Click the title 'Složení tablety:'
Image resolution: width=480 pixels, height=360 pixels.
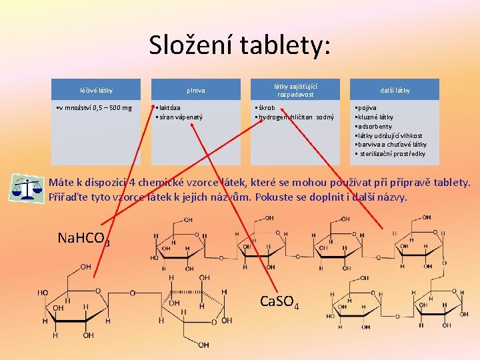pos(239,45)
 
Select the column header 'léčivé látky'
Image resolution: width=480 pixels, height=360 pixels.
pos(96,90)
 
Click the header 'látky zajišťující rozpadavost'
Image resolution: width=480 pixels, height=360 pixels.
pos(295,90)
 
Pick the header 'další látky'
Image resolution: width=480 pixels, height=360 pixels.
pos(395,90)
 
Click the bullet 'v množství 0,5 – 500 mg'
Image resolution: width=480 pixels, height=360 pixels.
pos(95,107)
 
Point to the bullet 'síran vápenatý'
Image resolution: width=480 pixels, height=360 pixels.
pos(180,117)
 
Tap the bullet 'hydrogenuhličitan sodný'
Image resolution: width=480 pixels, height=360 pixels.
pos(296,117)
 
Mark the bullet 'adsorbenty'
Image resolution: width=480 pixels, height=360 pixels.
pos(375,126)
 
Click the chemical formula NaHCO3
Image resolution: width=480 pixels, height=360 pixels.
pos(83,239)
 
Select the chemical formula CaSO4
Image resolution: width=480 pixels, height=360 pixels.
pos(279,301)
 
